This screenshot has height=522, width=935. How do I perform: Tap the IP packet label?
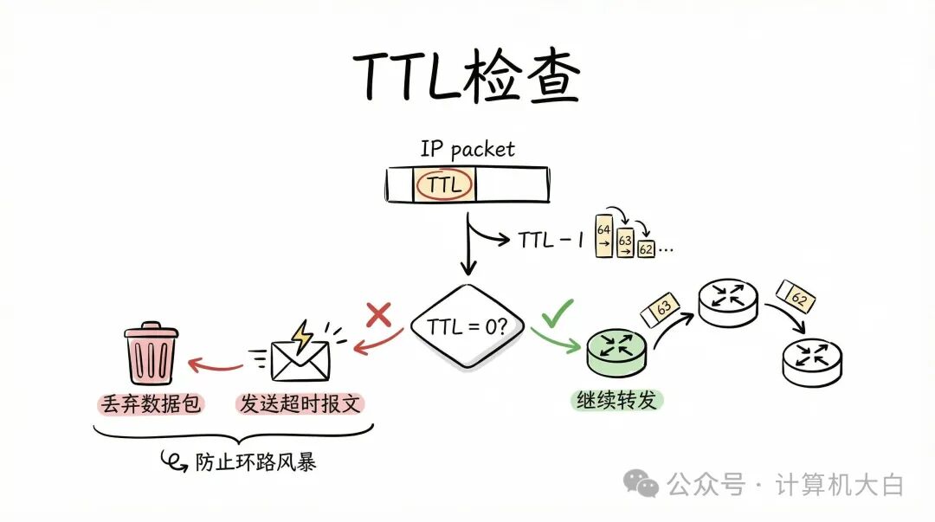[467, 149]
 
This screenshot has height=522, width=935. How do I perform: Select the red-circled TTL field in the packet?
[444, 184]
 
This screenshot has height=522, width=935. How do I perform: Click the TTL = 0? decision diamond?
[467, 327]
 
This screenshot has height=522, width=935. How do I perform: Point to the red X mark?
[379, 315]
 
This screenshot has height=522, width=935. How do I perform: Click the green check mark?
[557, 314]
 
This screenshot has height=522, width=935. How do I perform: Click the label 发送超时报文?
[299, 403]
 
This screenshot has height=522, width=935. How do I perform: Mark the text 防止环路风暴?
[267, 461]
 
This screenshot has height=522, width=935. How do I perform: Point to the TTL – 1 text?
[551, 239]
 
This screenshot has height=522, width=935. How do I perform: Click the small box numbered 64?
[603, 231]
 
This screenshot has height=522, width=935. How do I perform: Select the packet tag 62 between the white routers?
[796, 297]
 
